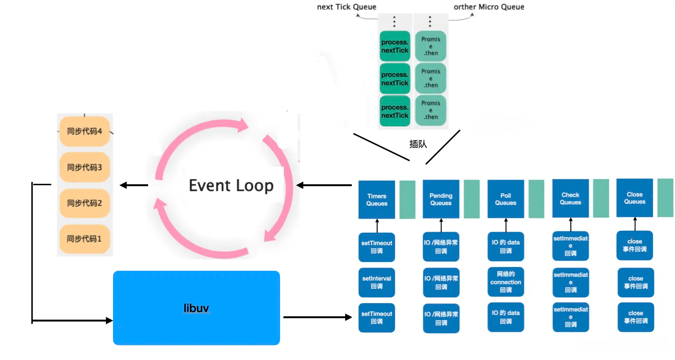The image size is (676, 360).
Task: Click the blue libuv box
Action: pos(196,308)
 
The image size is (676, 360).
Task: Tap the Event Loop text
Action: pos(231,185)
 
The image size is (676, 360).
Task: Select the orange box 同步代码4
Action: pos(84,131)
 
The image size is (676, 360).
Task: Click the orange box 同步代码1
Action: pos(84,238)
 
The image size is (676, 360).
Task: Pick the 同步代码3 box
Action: pos(84,167)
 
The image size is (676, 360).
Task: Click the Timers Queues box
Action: pos(377,199)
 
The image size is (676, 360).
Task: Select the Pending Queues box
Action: pos(441,199)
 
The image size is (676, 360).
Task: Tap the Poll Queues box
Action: pos(506,199)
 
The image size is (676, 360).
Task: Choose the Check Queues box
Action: pos(570,199)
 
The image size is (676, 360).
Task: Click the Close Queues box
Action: pos(635,198)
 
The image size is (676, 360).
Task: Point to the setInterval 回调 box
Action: pos(377,283)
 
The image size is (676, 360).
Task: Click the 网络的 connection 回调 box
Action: pos(506,282)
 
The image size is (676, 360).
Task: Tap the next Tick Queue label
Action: pos(347,7)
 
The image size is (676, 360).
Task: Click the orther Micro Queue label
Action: pos(489,7)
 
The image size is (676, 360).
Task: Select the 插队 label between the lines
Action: pos(418,144)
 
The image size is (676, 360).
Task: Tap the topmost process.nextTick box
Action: pos(395,46)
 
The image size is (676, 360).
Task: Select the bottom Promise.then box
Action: pos(431,110)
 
